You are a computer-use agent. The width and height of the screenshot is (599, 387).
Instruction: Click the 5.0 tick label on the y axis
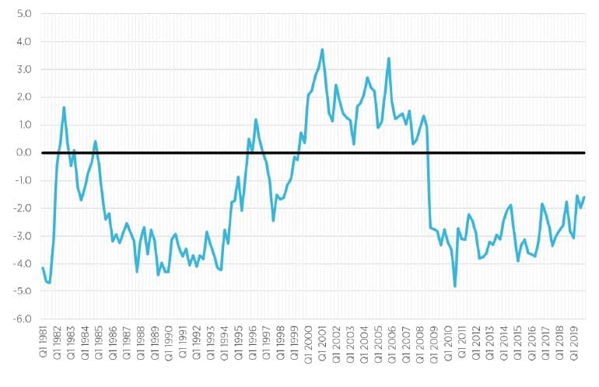(24, 14)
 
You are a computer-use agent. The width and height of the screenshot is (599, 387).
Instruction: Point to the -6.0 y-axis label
(22, 319)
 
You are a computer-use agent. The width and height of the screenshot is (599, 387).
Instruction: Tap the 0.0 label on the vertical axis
(23, 152)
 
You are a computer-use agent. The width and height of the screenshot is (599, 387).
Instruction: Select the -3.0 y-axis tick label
(22, 236)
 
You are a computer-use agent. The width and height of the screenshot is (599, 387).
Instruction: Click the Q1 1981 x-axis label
(44, 342)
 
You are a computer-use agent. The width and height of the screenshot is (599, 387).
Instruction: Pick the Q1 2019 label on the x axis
(574, 343)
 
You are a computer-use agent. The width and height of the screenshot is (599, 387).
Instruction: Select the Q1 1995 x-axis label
(239, 343)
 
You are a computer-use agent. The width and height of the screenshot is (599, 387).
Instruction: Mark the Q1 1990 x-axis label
(170, 343)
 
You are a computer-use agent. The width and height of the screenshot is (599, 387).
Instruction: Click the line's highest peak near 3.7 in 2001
(322, 50)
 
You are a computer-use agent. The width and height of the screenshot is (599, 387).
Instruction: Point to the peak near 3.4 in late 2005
(388, 59)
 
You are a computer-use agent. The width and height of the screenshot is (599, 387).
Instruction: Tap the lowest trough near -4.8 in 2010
(455, 286)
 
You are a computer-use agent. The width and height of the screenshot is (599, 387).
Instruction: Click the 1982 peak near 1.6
(64, 107)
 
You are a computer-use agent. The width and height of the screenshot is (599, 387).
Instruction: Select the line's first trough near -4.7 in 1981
(49, 282)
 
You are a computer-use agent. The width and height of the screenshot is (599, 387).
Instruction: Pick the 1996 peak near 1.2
(256, 120)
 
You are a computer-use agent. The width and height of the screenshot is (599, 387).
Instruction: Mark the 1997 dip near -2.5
(273, 220)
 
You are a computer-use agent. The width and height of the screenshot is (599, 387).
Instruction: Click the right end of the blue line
(584, 197)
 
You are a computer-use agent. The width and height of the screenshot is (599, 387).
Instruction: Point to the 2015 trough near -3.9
(518, 260)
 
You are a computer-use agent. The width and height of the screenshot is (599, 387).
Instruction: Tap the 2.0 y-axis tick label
(24, 97)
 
